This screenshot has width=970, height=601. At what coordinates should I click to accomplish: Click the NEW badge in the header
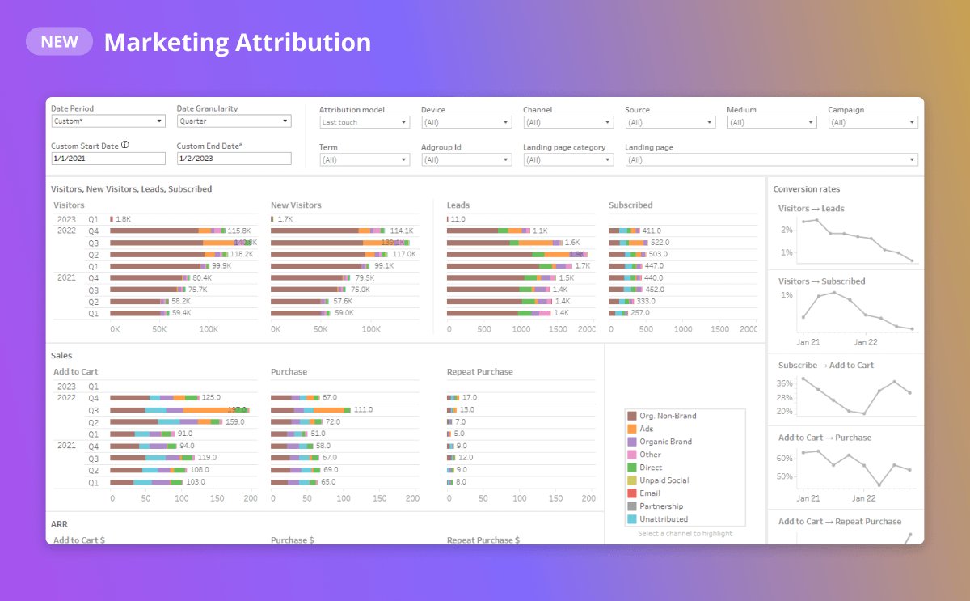tap(59, 41)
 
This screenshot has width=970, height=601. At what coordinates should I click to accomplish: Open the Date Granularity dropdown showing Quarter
tap(234, 121)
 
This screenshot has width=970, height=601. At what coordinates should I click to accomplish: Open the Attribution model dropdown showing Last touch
tap(365, 122)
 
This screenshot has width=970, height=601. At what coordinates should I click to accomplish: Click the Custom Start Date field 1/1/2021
tap(108, 159)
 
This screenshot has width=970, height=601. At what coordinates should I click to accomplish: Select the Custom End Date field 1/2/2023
tap(234, 159)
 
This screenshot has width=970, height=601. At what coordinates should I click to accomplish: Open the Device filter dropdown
tap(466, 122)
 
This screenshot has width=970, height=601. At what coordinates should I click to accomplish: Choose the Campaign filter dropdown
tap(873, 122)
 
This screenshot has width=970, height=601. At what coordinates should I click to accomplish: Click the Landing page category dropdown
tap(568, 160)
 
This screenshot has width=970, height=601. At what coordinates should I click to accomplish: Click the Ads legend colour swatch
tap(632, 429)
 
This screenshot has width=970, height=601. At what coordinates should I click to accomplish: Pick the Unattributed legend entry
tap(663, 519)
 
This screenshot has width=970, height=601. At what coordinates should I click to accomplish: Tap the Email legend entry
tap(649, 493)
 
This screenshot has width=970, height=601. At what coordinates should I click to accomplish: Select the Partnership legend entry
tap(660, 506)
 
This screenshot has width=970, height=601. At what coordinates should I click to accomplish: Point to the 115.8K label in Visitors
tap(240, 231)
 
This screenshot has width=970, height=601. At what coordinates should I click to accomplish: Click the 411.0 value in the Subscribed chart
tap(652, 231)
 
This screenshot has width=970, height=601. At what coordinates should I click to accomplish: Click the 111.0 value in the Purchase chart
tap(363, 410)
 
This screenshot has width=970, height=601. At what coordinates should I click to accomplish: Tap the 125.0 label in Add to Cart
tap(211, 398)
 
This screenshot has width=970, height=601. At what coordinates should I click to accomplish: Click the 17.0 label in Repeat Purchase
tap(470, 398)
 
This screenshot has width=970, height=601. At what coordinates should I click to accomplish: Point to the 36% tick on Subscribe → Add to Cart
tap(784, 383)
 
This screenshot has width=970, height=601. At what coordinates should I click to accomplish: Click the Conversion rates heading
tap(807, 189)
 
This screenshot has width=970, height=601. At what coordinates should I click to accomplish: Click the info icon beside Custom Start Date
tap(125, 146)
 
